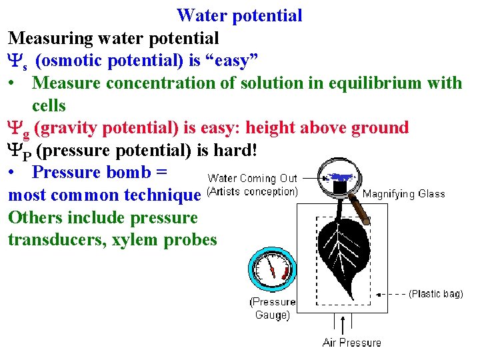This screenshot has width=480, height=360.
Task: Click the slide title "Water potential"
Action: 239,15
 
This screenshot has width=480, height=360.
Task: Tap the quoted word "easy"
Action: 236,61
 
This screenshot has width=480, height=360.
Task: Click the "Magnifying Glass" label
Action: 403,194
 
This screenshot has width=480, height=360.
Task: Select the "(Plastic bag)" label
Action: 435,293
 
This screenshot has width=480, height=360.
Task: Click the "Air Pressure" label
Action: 351,343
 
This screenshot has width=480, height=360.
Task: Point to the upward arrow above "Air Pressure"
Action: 343,325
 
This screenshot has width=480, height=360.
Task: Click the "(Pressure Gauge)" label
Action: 273,308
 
